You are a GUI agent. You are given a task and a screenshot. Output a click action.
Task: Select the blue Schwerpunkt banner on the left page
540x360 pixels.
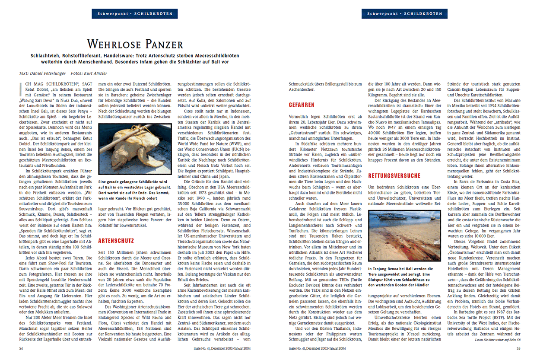pyautogui.click(x=134, y=14)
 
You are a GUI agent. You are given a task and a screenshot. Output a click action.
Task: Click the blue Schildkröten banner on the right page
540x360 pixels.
pyautogui.click(x=404, y=14)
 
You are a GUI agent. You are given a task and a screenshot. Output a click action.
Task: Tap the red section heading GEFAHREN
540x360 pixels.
pyautogui.click(x=302, y=105)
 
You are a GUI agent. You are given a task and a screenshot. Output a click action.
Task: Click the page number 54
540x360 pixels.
pyautogui.click(x=21, y=348)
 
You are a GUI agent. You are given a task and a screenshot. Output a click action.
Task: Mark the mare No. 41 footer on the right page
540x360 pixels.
pyautogui.click(x=318, y=348)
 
